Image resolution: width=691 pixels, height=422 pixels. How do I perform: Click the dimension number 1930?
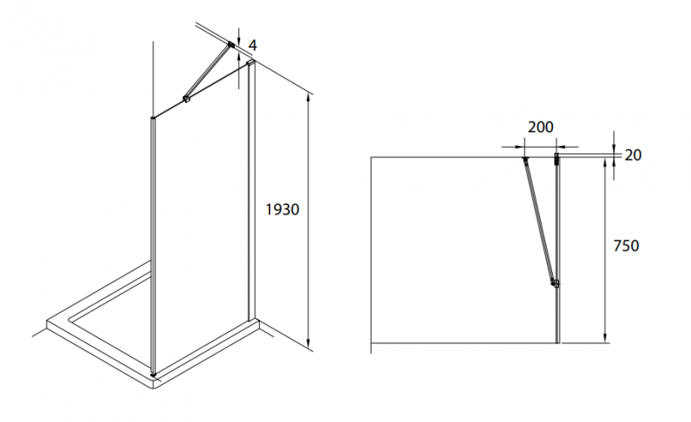pyautogui.click(x=282, y=209)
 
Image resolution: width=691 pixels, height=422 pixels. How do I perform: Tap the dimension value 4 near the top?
pyautogui.click(x=252, y=45)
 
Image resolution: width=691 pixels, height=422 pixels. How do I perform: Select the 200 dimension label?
pyautogui.click(x=541, y=127)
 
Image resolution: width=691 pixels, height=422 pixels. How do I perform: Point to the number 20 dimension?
pyautogui.click(x=633, y=155)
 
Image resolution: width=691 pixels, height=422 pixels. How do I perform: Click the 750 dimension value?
pyautogui.click(x=626, y=246)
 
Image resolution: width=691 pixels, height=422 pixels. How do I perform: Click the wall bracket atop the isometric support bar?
pyautogui.click(x=231, y=45)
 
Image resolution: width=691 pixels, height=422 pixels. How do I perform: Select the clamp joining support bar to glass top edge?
pyautogui.click(x=187, y=99)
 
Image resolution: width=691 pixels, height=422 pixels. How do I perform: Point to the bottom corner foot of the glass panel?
pyautogui.click(x=153, y=374)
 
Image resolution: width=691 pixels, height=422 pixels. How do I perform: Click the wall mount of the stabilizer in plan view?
pyautogui.click(x=524, y=159)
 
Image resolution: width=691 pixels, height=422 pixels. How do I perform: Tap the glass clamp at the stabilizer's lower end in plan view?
pyautogui.click(x=555, y=284)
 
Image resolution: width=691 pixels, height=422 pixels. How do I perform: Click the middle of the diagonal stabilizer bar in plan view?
pyautogui.click(x=539, y=221)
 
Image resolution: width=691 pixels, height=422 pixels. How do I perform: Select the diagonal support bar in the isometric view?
pyautogui.click(x=208, y=72)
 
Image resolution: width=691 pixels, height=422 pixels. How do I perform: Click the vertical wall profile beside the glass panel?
pyautogui.click(x=251, y=189)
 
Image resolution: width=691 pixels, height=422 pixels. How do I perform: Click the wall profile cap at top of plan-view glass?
pyautogui.click(x=557, y=159)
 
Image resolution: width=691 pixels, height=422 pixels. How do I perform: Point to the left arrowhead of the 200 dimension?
pyautogui.click(x=519, y=146)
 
